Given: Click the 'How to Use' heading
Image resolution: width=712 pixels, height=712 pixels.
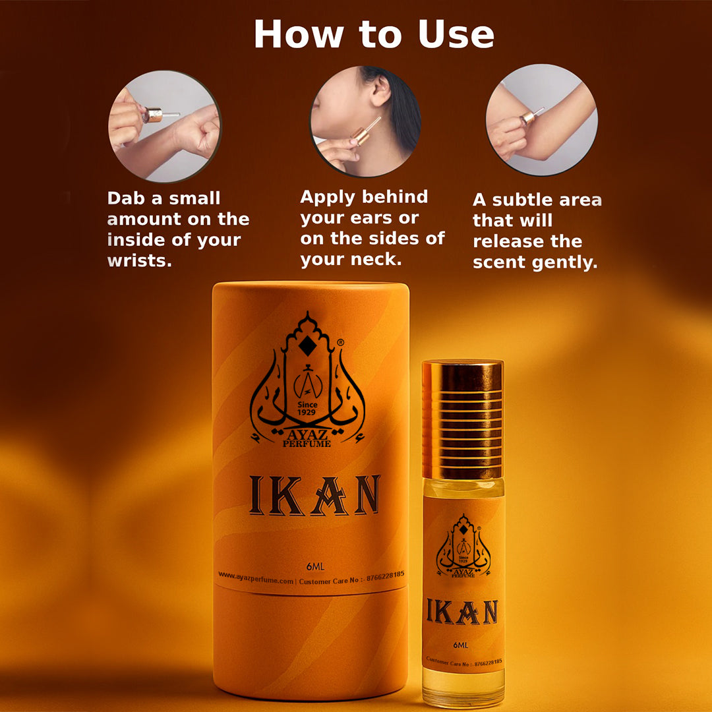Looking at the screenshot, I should coord(374,34).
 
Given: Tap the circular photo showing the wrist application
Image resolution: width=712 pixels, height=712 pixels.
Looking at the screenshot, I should coord(164,126).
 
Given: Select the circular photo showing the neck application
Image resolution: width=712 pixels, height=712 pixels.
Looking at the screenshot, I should coord(366,121).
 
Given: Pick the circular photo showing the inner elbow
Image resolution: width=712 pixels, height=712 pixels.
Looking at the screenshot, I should coord(541,119).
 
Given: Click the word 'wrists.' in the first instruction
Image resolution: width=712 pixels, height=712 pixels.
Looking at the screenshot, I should coord(139,260).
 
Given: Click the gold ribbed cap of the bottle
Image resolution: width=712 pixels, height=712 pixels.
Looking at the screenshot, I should coord(462,419).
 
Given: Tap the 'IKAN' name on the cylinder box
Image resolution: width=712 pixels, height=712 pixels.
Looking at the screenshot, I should coord(314,495).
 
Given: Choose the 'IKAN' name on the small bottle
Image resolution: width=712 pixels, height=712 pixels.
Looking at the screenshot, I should coord(461,612).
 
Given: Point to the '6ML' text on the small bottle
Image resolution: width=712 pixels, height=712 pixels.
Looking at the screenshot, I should coord(461,645).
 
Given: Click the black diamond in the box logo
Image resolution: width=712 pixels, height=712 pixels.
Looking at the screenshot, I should coord(307,345).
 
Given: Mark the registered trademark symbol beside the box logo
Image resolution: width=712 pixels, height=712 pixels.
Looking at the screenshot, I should coord(340,343).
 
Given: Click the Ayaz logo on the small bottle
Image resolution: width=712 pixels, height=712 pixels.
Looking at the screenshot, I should coord(463,547).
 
